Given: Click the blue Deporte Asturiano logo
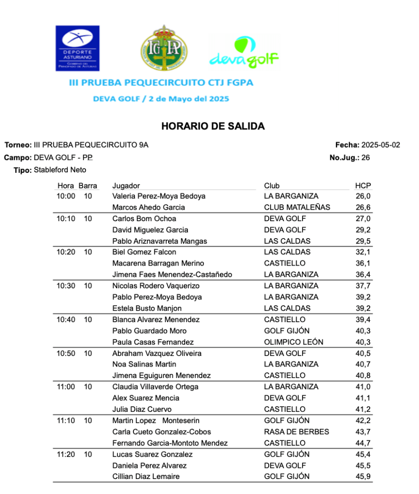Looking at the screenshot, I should (78, 48).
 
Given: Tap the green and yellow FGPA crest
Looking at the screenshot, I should (164, 48).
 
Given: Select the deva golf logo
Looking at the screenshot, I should (244, 53).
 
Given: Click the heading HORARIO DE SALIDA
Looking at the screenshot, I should (213, 127).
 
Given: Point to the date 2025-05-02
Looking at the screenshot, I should (381, 145).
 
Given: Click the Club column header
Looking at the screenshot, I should (272, 186).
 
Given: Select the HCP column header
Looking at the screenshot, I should (363, 186).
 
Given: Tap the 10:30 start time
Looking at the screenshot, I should (66, 286).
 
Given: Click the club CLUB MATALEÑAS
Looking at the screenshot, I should (297, 207).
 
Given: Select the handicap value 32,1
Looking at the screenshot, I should (363, 252).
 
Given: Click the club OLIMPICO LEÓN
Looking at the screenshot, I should (294, 342).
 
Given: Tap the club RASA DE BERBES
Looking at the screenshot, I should (297, 432).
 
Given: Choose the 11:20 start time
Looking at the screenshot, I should (66, 454).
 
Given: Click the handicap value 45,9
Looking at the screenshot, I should (363, 477).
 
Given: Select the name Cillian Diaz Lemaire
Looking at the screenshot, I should (146, 477).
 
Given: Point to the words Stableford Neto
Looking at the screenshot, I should (60, 170).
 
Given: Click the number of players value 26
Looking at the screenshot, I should (366, 157).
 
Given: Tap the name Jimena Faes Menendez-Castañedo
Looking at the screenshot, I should (172, 275).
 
